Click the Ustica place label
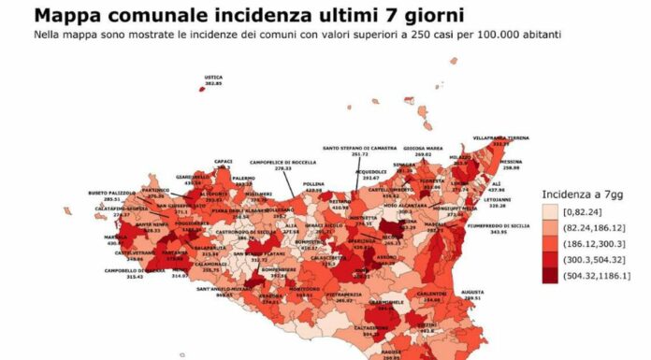tap(213, 77)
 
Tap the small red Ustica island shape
tap(201, 89)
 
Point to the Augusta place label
tap(472, 292)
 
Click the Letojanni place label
tap(499, 199)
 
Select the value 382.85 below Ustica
tap(213, 83)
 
